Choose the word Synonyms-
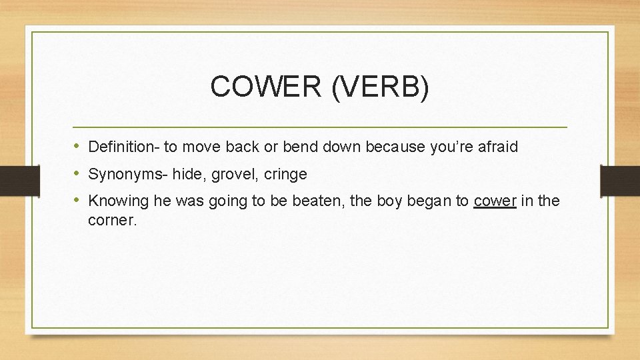click(128, 175)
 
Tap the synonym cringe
click(285, 175)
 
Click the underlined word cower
click(495, 201)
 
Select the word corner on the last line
click(112, 220)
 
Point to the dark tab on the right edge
click(620, 181)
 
